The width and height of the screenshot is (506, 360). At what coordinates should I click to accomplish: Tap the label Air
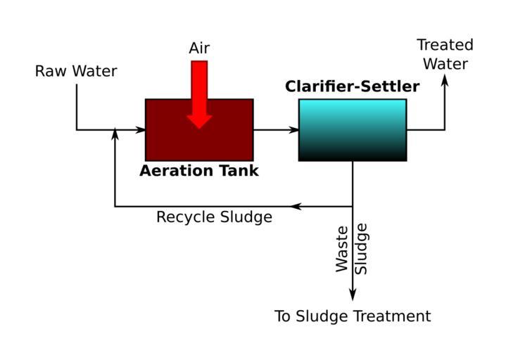(199, 49)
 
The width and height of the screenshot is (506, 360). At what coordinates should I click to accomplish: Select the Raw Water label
(76, 72)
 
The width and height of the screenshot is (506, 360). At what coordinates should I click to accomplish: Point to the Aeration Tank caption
(199, 171)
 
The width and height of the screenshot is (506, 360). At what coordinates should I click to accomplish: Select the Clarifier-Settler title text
(352, 87)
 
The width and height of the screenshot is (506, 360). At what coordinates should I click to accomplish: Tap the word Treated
(445, 46)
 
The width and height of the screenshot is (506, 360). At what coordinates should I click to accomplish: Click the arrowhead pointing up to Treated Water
(445, 79)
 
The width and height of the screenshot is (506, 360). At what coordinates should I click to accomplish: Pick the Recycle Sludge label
(214, 217)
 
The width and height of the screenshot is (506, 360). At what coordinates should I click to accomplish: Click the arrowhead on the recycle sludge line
(296, 207)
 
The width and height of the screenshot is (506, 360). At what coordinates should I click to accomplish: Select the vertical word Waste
(342, 249)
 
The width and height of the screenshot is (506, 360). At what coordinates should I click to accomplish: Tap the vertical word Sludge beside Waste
(362, 249)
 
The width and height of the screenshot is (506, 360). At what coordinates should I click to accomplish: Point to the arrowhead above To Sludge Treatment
(353, 296)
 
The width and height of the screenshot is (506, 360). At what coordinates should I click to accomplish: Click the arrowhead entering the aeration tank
(141, 130)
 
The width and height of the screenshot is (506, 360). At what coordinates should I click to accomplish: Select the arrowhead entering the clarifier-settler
(294, 130)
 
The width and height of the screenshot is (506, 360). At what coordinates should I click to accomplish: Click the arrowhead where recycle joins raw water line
(115, 134)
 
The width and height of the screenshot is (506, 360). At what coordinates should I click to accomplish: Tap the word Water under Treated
(445, 64)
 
